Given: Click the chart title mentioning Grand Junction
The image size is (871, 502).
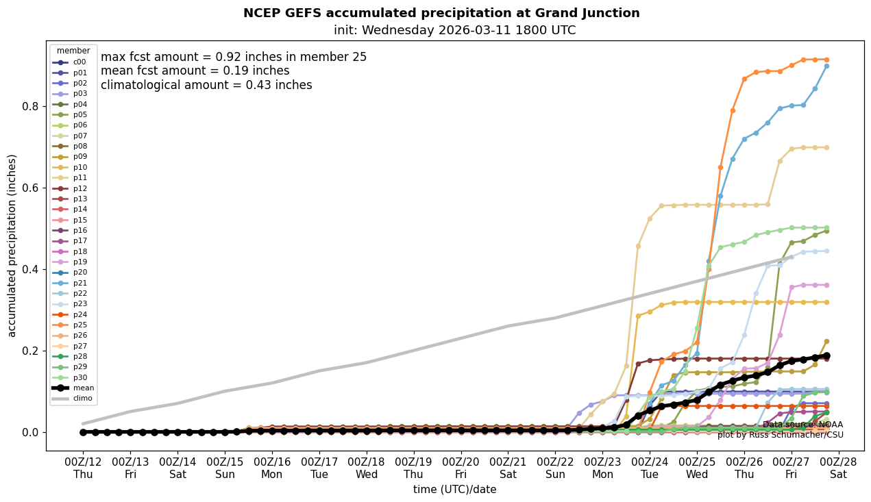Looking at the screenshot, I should click(x=441, y=13).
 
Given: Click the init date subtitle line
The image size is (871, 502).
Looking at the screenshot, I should click(x=454, y=30).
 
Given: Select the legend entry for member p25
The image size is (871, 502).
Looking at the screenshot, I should click(x=80, y=325).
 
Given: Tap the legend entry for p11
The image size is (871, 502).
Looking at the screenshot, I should click(x=80, y=177).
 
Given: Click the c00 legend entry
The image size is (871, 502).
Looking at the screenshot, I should click(x=79, y=62).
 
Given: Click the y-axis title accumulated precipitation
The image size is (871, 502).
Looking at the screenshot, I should click(x=12, y=245).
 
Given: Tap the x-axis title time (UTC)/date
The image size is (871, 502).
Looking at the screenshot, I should click(x=454, y=490).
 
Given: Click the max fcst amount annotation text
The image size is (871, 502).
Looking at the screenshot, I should click(x=234, y=57).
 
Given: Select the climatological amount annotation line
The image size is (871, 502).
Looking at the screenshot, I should click(x=206, y=85).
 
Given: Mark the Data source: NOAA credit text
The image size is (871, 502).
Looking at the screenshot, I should click(x=802, y=425).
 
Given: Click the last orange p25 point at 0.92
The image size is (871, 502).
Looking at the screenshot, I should click(x=826, y=60).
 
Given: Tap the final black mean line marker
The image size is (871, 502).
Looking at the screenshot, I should click(x=826, y=355).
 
